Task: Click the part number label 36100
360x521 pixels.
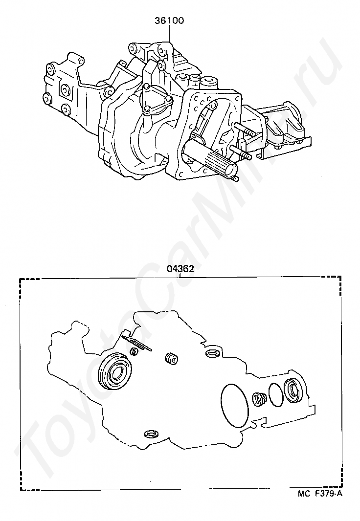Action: (x=169, y=21)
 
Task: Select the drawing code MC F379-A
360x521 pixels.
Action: (x=319, y=503)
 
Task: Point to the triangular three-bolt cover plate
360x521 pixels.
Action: (x=156, y=100)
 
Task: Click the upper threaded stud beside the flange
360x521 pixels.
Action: (x=246, y=129)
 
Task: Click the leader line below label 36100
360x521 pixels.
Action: (x=169, y=33)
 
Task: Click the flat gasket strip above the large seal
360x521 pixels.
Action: (x=136, y=343)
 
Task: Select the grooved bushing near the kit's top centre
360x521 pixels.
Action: (x=172, y=359)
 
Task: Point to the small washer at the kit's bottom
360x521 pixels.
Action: (x=151, y=434)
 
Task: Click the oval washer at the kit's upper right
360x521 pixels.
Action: (x=212, y=353)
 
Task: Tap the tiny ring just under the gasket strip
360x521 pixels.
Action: (x=134, y=351)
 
